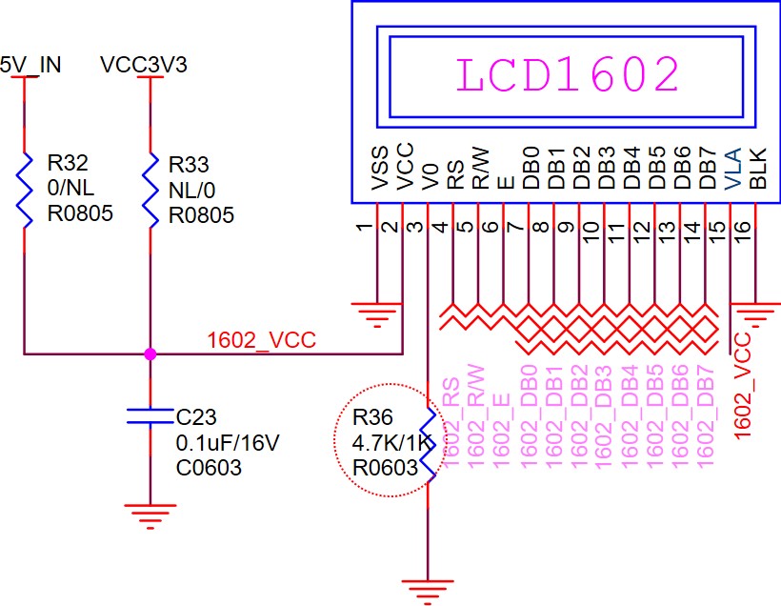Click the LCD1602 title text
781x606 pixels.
click(568, 75)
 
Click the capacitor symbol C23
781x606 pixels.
click(150, 415)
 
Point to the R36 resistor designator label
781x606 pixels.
click(372, 419)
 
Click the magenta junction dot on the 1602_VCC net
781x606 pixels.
click(150, 354)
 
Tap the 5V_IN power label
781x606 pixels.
click(30, 65)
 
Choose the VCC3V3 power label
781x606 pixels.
click(144, 65)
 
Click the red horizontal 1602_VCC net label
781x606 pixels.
click(262, 340)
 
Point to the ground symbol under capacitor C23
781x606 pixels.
click(150, 515)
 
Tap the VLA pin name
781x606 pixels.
click(731, 168)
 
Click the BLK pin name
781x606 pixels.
click(757, 168)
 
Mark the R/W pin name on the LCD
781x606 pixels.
click(481, 168)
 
